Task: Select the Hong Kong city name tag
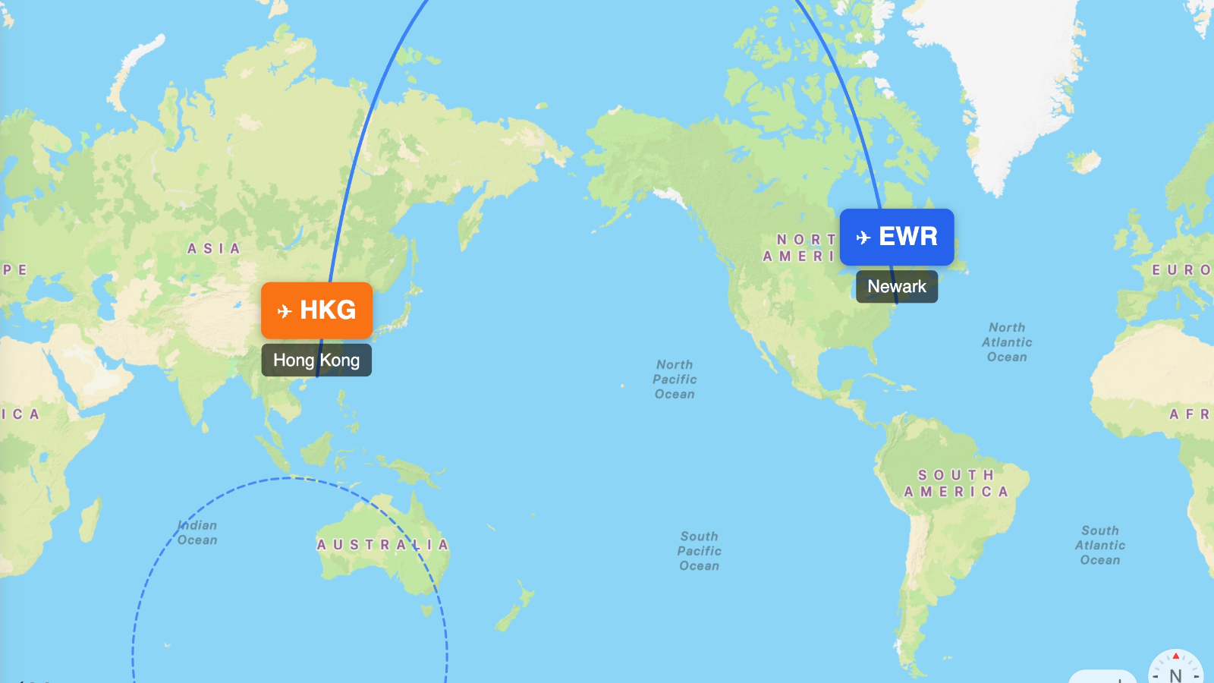click(x=316, y=360)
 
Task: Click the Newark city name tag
click(x=897, y=287)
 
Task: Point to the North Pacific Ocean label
click(x=675, y=379)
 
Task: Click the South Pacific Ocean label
click(x=699, y=551)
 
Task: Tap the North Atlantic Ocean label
click(x=1007, y=342)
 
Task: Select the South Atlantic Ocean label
click(x=1100, y=546)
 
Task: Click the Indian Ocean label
click(x=197, y=533)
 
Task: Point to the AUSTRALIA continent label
click(x=382, y=545)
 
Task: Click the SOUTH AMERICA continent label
click(x=956, y=483)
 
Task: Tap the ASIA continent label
click(x=214, y=249)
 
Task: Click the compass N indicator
click(x=1175, y=673)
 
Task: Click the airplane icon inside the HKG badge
click(x=285, y=311)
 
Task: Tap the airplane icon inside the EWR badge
click(x=863, y=238)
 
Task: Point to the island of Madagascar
click(x=90, y=521)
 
